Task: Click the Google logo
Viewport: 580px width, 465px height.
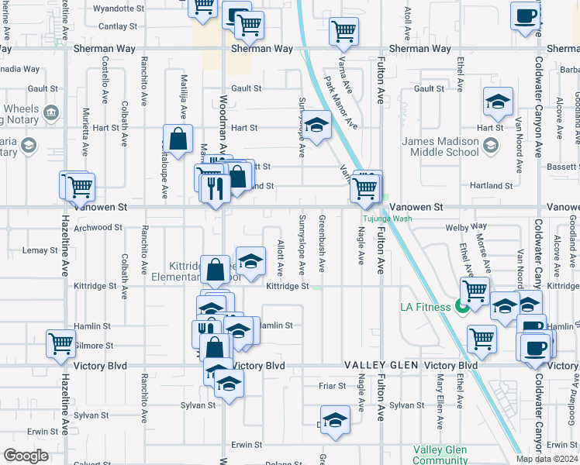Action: point(26,456)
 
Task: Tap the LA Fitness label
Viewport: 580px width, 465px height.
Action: point(426,307)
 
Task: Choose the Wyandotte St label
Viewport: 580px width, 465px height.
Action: point(119,9)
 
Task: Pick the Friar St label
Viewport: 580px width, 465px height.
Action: point(331,385)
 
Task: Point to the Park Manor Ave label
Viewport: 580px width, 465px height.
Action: point(340,102)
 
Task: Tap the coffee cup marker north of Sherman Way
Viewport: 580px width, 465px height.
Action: point(525,15)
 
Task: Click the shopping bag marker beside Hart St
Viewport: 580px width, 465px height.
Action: point(178,139)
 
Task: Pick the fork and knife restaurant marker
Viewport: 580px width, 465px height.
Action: point(214,188)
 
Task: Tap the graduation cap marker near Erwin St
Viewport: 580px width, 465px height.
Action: point(335,419)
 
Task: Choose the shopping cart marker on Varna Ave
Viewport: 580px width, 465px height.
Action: point(344,32)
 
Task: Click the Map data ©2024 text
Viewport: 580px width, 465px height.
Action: point(547,458)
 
